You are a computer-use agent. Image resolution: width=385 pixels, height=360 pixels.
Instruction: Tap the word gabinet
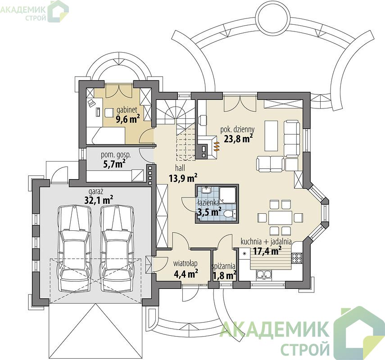click(x=127, y=109)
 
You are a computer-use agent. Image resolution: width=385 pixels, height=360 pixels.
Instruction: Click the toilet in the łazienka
click(x=230, y=213)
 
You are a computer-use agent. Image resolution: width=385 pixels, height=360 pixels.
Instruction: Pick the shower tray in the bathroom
click(x=228, y=195)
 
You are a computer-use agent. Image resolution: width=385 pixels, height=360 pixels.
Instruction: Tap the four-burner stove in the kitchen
click(x=296, y=258)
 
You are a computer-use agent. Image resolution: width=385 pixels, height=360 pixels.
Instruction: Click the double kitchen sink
click(x=264, y=275)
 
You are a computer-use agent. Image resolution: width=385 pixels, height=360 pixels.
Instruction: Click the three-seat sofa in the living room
click(x=292, y=139)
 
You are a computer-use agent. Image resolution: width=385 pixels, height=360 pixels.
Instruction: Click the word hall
click(x=180, y=168)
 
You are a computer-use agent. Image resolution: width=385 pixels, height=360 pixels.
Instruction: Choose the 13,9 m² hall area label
click(x=183, y=178)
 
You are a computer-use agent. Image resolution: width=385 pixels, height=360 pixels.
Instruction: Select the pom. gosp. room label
click(x=116, y=155)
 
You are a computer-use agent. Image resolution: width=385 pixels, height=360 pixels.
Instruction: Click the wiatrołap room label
click(x=186, y=263)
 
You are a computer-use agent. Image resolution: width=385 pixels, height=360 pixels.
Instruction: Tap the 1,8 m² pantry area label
click(x=224, y=275)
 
